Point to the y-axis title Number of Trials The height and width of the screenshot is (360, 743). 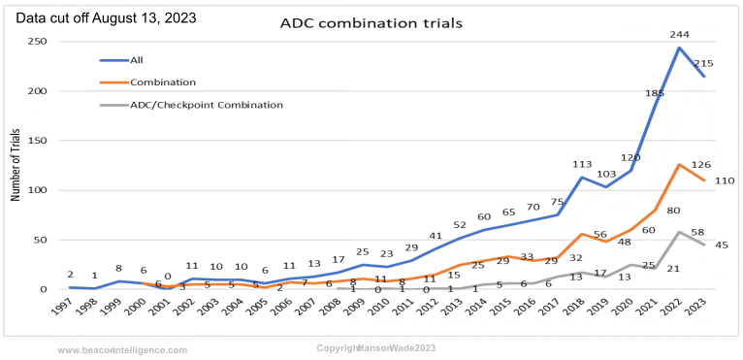tap(16, 166)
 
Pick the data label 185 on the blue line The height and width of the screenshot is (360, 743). tap(655, 93)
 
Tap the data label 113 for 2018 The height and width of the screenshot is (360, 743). tap(582, 164)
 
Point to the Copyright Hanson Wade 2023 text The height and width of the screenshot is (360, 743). tap(376, 347)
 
